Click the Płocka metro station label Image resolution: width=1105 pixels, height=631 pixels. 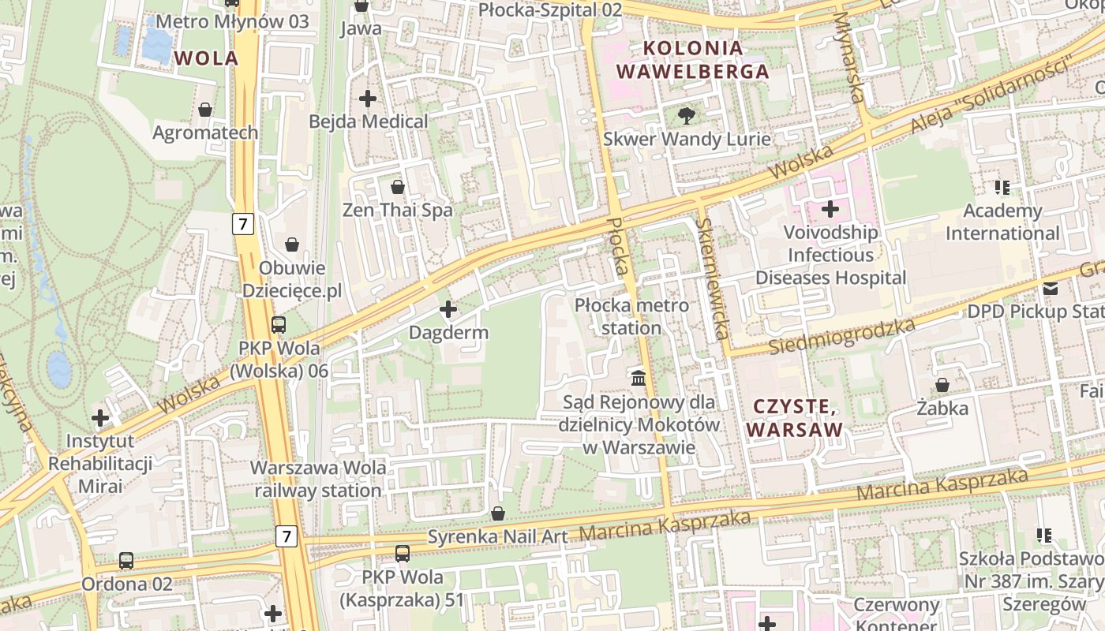(631, 316)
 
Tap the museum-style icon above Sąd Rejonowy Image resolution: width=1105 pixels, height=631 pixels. (639, 378)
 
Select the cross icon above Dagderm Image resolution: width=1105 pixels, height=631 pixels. (448, 309)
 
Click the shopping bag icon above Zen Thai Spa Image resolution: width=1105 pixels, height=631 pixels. (398, 187)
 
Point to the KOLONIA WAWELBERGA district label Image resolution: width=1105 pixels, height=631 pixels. (692, 59)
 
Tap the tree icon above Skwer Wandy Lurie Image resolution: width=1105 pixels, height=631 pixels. (687, 116)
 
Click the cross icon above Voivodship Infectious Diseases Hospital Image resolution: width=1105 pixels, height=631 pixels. (830, 209)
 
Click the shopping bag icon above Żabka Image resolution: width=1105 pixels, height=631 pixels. (942, 385)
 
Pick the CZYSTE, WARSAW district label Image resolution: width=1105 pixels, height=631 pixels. (794, 418)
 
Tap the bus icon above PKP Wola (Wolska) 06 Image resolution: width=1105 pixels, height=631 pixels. (279, 324)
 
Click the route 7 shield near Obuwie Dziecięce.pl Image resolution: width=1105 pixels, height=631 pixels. (243, 224)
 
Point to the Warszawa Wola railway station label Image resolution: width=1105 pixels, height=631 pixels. (318, 479)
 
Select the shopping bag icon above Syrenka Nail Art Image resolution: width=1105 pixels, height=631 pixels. (498, 513)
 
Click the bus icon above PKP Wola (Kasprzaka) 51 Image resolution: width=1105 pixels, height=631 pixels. (403, 554)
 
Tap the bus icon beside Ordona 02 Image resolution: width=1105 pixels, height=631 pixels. (126, 561)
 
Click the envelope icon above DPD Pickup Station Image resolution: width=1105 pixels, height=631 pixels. (1050, 289)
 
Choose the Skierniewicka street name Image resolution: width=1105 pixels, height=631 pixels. (713, 278)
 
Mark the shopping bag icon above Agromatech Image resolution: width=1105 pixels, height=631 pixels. (205, 110)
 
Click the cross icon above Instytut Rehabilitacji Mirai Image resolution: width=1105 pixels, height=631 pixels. (100, 417)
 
